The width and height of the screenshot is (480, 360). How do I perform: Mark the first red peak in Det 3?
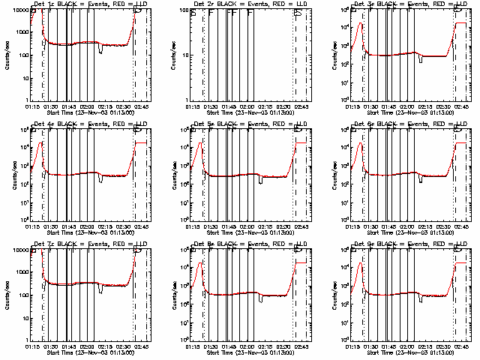pyautogui.click(x=362, y=24)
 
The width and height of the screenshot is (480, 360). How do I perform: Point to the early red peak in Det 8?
pyautogui.click(x=200, y=263)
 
